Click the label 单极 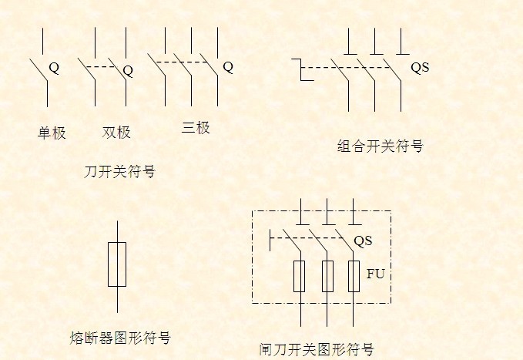pos(52,133)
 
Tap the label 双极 pos(116,133)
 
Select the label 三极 pos(196,127)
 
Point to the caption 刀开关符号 pos(119,172)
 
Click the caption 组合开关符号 pos(381,146)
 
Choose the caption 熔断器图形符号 pos(120,338)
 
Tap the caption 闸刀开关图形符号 pos(317,349)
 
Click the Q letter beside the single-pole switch pos(54,68)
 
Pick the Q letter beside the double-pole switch pos(128,71)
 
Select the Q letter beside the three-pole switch pos(228,67)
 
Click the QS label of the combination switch pos(420,68)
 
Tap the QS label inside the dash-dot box pos(363,241)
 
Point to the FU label pos(376,274)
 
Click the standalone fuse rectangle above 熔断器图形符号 pos(117,264)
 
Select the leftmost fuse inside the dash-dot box pos(299,276)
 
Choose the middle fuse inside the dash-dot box pos(327,276)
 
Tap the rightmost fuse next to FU pos(354,276)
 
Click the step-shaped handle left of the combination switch pos(301,69)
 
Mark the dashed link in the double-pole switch pos(100,67)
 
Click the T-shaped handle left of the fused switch pos(270,238)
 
